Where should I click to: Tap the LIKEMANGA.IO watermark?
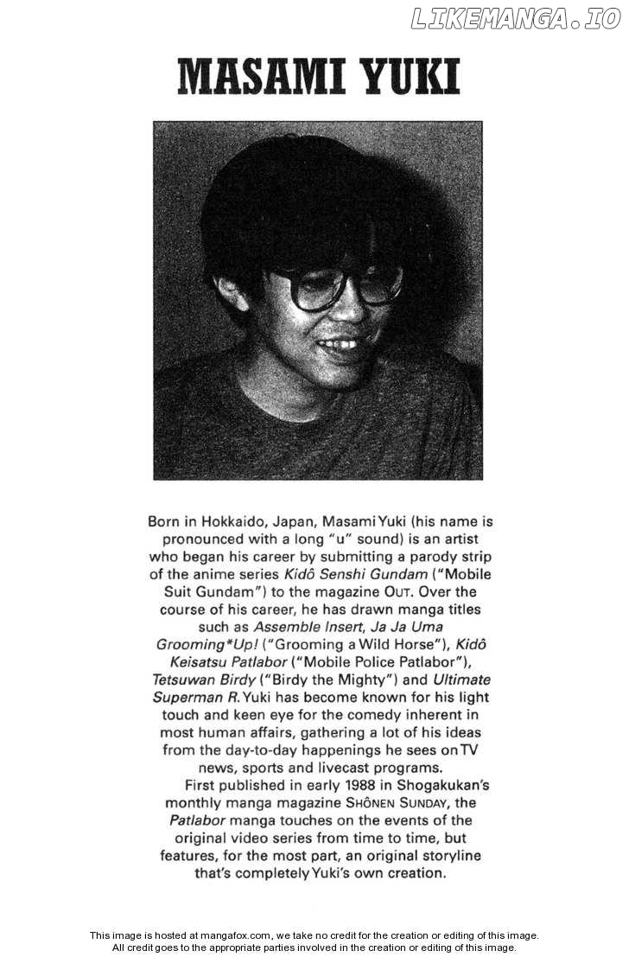tap(515, 18)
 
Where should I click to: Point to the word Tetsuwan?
tap(186, 679)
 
